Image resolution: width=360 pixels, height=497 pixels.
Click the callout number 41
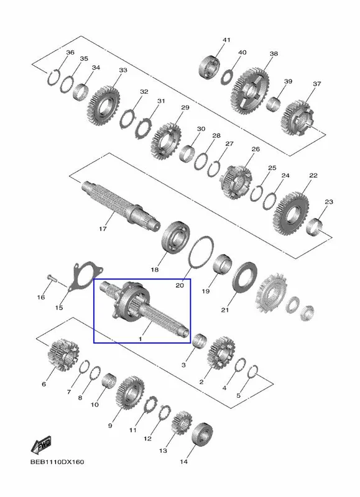click(x=226, y=40)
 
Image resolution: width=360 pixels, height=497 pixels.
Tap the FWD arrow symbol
click(x=41, y=445)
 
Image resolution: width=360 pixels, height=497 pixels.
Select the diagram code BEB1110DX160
click(x=57, y=462)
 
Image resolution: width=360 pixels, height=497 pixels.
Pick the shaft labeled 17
click(x=121, y=203)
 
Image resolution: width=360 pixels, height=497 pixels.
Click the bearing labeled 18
click(x=175, y=237)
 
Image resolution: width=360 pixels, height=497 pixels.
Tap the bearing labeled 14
click(x=202, y=433)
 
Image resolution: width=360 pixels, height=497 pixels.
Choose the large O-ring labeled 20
click(x=201, y=253)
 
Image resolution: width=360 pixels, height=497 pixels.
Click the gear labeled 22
click(x=291, y=214)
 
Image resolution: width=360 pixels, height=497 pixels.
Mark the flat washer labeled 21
click(x=244, y=278)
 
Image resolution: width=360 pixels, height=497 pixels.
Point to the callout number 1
click(x=140, y=339)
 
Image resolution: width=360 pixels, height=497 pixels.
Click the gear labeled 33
click(x=103, y=106)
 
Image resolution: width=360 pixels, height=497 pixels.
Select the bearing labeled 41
click(x=210, y=67)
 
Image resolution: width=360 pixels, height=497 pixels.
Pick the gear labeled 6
click(x=63, y=354)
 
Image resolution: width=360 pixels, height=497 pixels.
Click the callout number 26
click(x=256, y=149)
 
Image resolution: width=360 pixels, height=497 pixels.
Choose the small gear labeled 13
click(x=182, y=422)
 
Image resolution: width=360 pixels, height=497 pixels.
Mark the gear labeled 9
click(x=131, y=393)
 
